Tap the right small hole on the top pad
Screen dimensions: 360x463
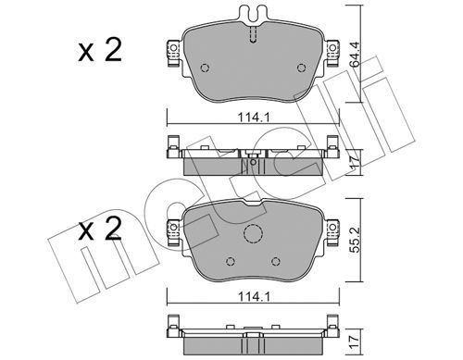(x=301, y=68)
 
